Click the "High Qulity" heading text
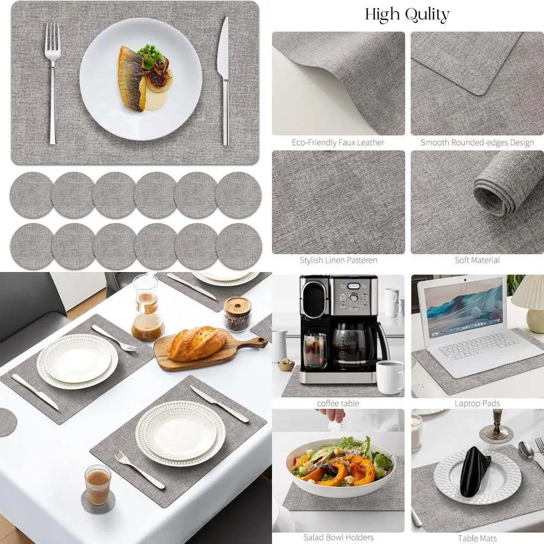[x=407, y=14]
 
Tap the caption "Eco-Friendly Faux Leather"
[x=338, y=143]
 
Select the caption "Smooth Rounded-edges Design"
[x=477, y=143]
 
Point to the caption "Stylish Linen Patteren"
[x=338, y=261]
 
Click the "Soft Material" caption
[x=477, y=261]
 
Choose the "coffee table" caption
[x=338, y=404]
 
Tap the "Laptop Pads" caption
[x=477, y=404]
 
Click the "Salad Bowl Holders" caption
[x=338, y=537]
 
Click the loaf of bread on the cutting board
[x=196, y=343]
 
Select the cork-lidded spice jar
[x=237, y=314]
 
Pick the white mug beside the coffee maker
[x=390, y=377]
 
